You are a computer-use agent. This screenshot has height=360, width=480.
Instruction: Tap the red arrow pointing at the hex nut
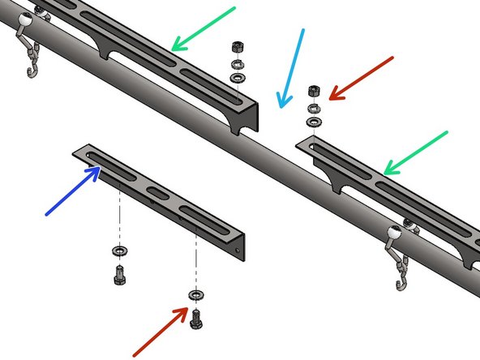[361, 78]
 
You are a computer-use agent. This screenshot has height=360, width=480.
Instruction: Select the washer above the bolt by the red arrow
[195, 294]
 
